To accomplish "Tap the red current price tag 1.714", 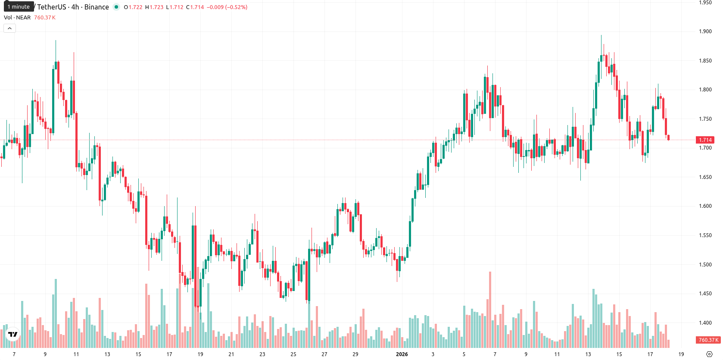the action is click(705, 140).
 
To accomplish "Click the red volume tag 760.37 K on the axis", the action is click(708, 340).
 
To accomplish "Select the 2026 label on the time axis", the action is click(402, 354).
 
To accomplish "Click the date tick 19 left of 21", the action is click(200, 354).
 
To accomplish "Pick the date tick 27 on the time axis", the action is click(324, 354).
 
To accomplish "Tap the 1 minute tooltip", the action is click(19, 7).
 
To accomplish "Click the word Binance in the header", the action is click(97, 7).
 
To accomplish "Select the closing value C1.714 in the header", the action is click(195, 7).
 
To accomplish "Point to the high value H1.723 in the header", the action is click(154, 7).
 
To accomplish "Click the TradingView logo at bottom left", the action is click(13, 334).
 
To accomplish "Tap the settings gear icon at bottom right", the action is click(709, 354).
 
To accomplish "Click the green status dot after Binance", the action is click(116, 7).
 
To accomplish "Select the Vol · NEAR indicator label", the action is click(17, 17).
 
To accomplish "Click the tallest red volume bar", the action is click(490, 310).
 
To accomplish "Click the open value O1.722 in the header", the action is click(133, 7).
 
